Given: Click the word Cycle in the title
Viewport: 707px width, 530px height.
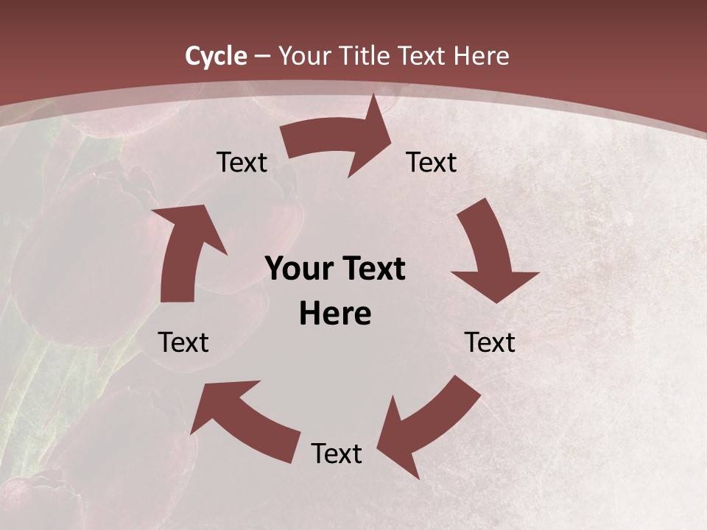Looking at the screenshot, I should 216,56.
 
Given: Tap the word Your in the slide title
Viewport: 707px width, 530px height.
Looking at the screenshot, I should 302,56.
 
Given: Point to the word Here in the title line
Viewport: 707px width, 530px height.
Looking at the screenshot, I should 482,56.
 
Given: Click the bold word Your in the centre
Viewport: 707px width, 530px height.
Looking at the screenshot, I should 297,269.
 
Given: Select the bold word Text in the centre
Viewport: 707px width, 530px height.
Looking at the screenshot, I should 370,269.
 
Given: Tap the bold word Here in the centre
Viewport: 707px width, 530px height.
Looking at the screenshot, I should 335,314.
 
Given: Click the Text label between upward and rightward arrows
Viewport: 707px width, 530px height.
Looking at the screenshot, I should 242,163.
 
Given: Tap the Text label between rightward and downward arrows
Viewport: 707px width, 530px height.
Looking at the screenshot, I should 432,163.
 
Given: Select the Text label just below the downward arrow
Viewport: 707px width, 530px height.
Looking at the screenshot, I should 490,342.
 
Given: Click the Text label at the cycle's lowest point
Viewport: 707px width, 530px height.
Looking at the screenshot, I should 337,453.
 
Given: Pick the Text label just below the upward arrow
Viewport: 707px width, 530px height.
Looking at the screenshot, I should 183,342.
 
